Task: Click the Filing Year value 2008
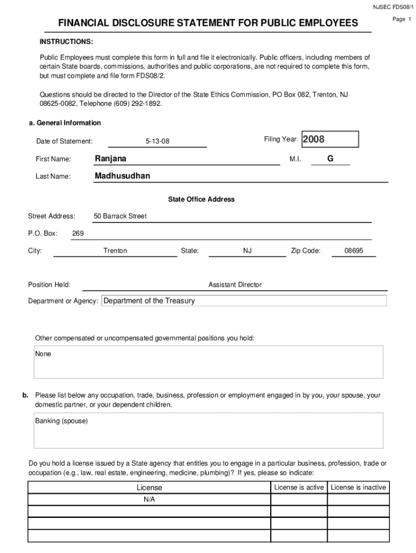point(314,139)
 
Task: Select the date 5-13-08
point(157,141)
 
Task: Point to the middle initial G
point(330,159)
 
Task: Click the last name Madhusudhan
point(123,176)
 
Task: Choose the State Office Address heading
point(201,199)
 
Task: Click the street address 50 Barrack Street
point(120,216)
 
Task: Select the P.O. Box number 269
point(78,233)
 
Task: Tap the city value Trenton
point(115,251)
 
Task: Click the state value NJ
point(247,251)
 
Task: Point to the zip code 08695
point(354,251)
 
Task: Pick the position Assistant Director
point(235,285)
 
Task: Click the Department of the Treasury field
point(149,301)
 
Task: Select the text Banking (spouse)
point(62,421)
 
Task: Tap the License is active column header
point(299,487)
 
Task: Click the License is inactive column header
point(358,487)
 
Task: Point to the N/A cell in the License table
point(149,500)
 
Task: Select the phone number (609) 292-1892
point(138,103)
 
